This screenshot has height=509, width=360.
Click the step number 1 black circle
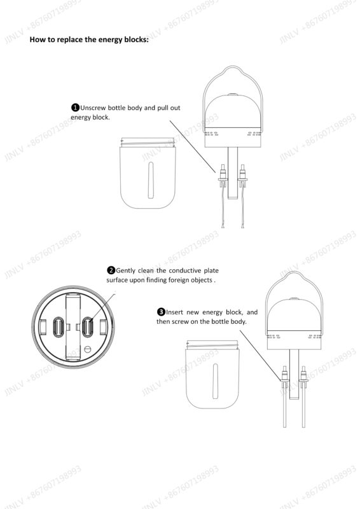tap(75, 108)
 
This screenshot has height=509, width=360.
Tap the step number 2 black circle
tap(111, 270)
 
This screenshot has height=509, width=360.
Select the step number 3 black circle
tap(162, 312)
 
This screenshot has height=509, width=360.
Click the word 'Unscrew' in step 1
tap(93, 108)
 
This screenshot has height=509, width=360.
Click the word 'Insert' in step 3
tap(174, 312)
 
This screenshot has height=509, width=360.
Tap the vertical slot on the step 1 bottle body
tap(151, 180)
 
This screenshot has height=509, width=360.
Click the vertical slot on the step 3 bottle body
tap(215, 381)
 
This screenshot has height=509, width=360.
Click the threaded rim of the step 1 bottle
tap(148, 142)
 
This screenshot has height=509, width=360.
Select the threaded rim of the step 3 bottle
tap(212, 345)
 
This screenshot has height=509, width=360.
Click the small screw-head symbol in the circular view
tap(87, 349)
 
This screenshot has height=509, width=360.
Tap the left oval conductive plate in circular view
tap(59, 327)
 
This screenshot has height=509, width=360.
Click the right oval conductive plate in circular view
tap(88, 327)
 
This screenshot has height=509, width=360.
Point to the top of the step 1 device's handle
tap(232, 67)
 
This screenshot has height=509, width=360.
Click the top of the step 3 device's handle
tap(294, 273)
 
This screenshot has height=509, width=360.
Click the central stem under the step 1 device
tap(233, 172)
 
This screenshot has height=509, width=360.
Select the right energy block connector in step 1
tap(242, 176)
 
